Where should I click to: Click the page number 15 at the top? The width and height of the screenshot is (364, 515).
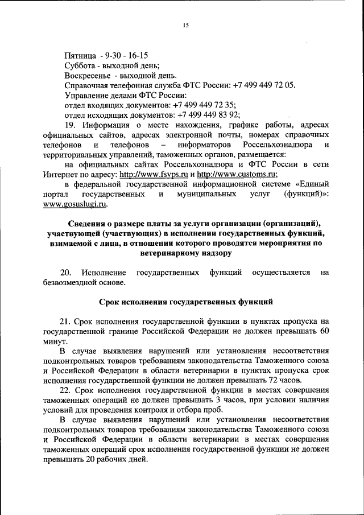[x=185, y=25]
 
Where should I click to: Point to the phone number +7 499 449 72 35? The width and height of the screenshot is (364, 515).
[x=205, y=105]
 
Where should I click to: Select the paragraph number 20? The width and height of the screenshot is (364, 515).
[x=65, y=273]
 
